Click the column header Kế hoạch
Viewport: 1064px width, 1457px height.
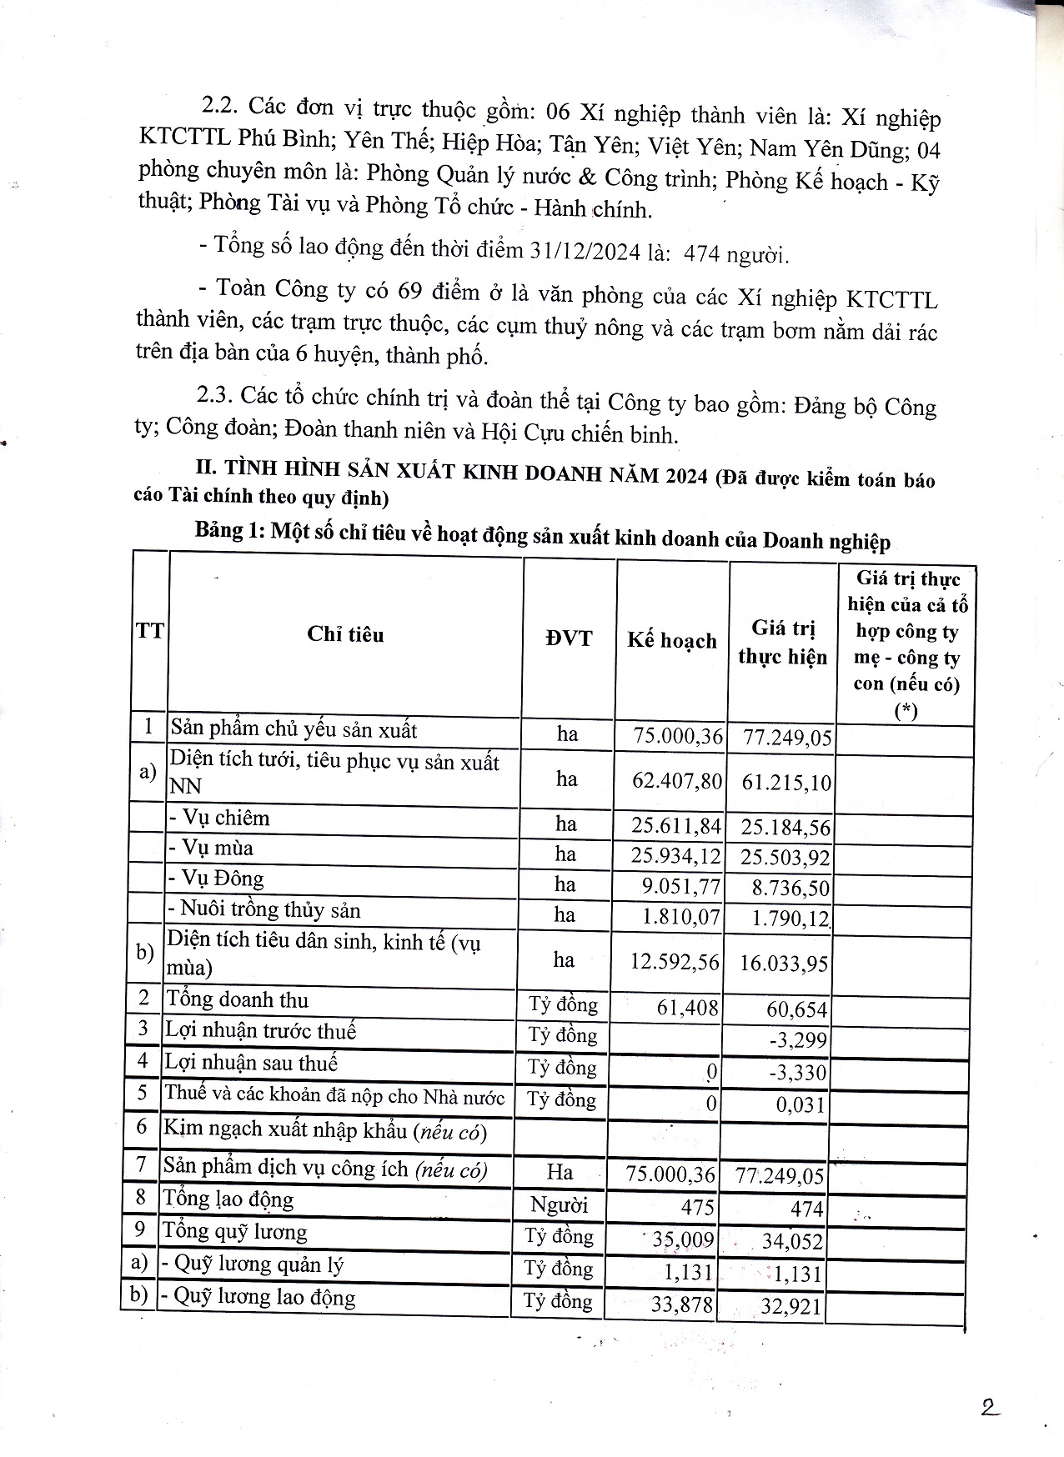tap(672, 640)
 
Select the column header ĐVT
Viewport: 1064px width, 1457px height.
tap(569, 638)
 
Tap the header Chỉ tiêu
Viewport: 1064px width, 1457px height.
tap(345, 635)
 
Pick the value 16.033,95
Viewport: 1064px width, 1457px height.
tap(784, 964)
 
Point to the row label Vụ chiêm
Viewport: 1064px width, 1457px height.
tap(220, 818)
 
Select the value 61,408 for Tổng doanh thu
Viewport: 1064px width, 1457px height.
tap(687, 1008)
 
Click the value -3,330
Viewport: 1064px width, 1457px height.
tap(798, 1073)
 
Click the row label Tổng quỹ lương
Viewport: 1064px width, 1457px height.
tap(235, 1231)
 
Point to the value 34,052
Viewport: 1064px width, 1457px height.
tap(792, 1242)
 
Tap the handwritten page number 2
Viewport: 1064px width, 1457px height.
tap(990, 1408)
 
